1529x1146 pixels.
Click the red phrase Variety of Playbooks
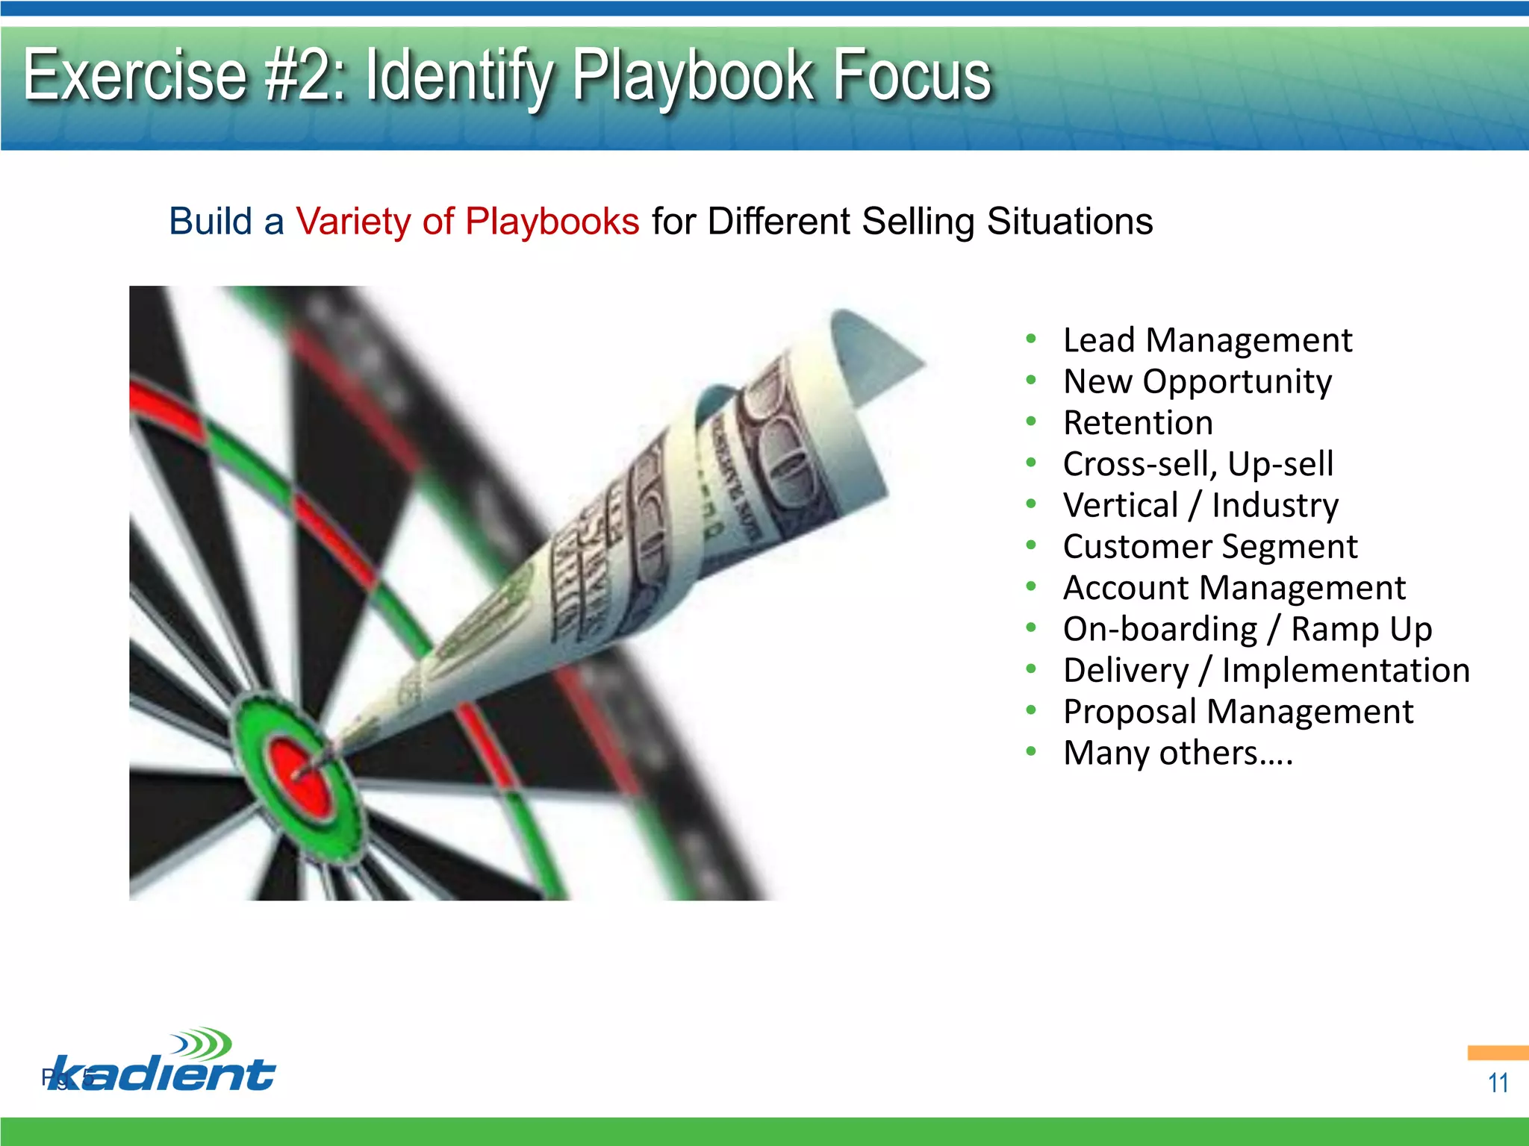click(x=467, y=222)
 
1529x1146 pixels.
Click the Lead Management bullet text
click(x=1207, y=340)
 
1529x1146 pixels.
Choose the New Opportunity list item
click(x=1197, y=382)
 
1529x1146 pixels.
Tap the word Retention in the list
click(x=1138, y=423)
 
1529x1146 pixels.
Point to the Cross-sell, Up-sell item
click(x=1198, y=464)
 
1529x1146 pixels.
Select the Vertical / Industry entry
click(x=1201, y=505)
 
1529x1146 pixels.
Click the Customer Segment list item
click(x=1209, y=547)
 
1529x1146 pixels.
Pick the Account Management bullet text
click(x=1234, y=588)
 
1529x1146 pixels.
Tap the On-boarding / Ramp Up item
click(x=1247, y=629)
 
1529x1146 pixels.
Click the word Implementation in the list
click(x=1345, y=670)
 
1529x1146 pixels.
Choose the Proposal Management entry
click(x=1238, y=712)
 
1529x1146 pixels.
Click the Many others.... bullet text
click(x=1177, y=753)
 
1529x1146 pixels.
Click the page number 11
click(x=1498, y=1083)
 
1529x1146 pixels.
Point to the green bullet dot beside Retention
click(x=1031, y=422)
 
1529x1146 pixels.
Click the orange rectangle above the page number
click(x=1497, y=1053)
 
